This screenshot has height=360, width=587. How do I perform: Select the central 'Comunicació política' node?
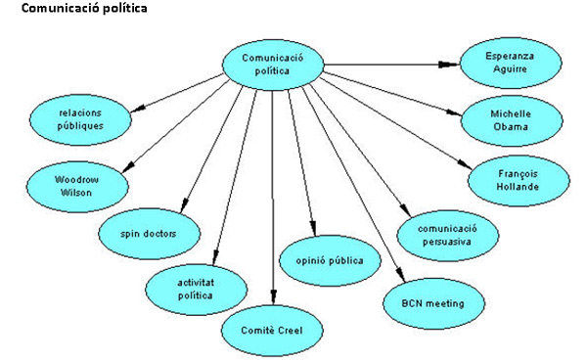click(x=273, y=64)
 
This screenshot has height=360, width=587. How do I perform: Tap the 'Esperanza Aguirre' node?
click(x=511, y=64)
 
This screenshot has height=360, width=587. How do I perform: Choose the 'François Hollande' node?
click(x=517, y=179)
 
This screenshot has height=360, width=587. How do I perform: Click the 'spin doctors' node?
click(x=148, y=235)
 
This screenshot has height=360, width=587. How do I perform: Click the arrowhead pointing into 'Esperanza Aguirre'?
click(x=453, y=65)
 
